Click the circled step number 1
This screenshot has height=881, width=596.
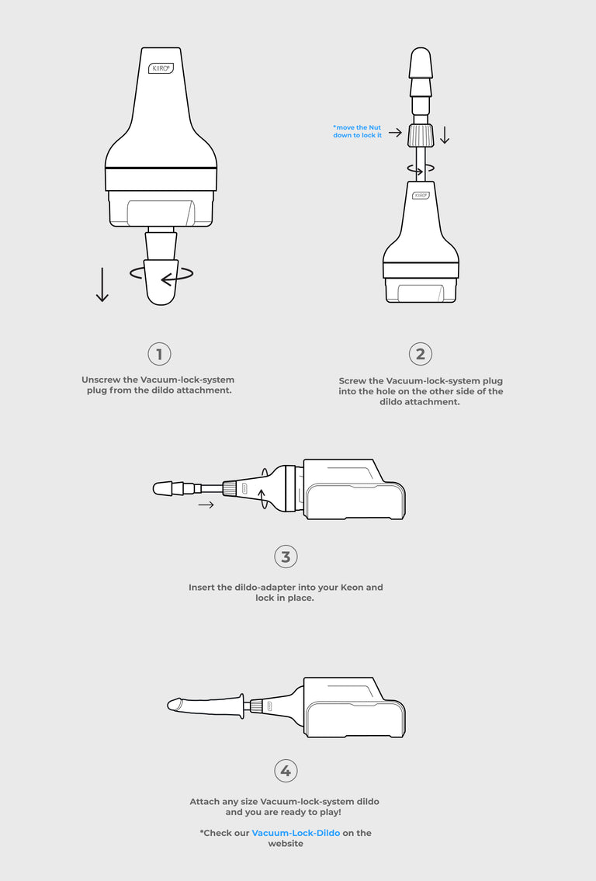(x=159, y=354)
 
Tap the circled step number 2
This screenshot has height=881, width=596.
(x=420, y=354)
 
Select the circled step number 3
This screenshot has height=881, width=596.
(x=286, y=557)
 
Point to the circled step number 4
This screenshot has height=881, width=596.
(x=286, y=771)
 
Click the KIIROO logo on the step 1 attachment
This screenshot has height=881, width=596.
(x=161, y=68)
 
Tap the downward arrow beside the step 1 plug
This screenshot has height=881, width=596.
(x=102, y=284)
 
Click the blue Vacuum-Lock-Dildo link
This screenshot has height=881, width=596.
(x=296, y=833)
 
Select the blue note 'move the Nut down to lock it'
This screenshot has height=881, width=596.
(x=357, y=131)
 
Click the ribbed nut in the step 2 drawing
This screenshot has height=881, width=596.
(x=421, y=135)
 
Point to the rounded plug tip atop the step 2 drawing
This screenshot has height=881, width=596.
(x=421, y=63)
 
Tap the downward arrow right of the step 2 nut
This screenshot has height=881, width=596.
(x=445, y=135)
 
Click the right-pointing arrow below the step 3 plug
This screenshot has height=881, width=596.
(x=206, y=505)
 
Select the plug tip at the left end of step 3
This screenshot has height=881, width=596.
(x=164, y=488)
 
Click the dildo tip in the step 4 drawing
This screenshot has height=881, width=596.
(x=175, y=705)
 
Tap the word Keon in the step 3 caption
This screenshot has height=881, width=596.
(x=352, y=587)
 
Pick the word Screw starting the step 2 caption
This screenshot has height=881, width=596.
(x=352, y=381)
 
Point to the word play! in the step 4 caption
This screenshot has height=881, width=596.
(x=328, y=812)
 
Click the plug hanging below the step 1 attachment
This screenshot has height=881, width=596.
(x=161, y=267)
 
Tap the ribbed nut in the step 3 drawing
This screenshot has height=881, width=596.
(x=229, y=488)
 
